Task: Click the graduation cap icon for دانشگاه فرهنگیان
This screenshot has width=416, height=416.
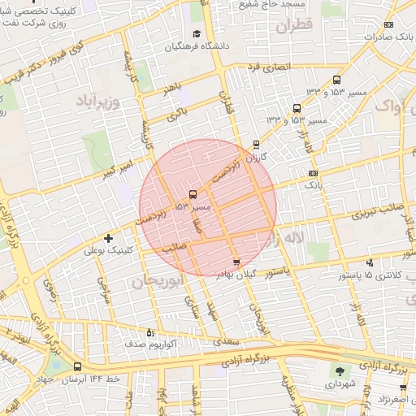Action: pos(196,34)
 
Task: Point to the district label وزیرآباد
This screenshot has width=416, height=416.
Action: pos(98,101)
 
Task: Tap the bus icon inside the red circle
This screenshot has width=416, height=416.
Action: pos(193,194)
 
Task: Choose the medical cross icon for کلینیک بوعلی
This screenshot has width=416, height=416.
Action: pos(108,238)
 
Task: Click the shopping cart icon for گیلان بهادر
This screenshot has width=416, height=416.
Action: pos(236,262)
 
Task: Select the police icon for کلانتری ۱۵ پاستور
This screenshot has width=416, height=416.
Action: pos(370,262)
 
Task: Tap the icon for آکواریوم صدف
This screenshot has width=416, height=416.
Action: pos(149,331)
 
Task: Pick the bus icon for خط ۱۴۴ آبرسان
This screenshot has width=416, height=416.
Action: pos(77,366)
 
